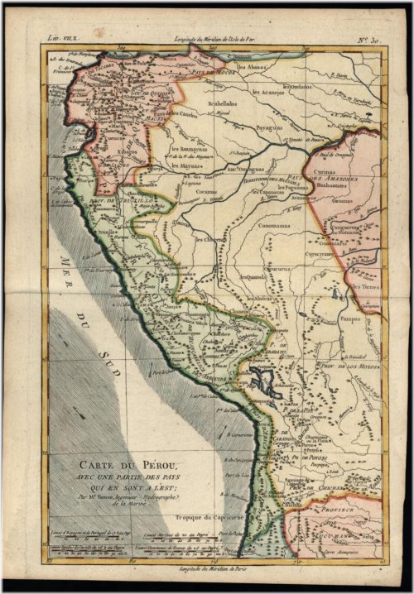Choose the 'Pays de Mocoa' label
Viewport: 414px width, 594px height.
[x=218, y=72]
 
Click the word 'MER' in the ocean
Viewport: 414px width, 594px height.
[x=65, y=278]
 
